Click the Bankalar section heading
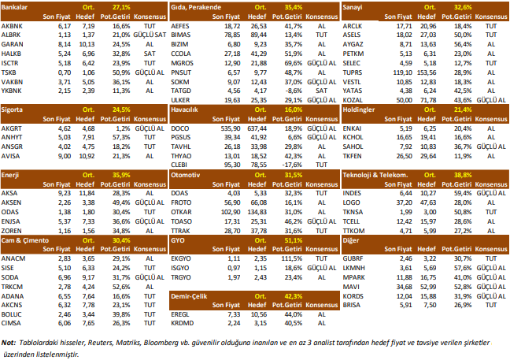pyautogui.click(x=15, y=6)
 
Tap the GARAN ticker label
pyautogui.click(x=13, y=45)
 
